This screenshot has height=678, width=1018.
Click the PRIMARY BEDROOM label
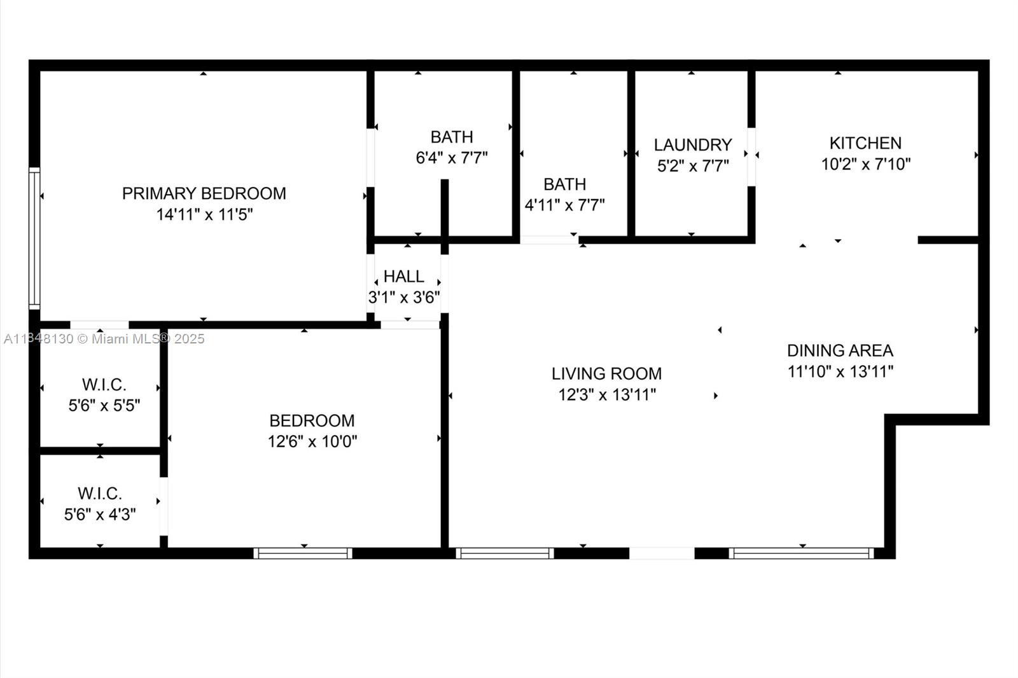(204, 193)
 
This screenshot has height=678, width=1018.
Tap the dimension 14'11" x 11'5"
(204, 214)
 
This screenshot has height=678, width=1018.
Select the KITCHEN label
(865, 143)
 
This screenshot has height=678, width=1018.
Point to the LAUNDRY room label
(693, 145)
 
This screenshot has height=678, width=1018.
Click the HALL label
(403, 276)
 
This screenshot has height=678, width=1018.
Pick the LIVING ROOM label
(607, 373)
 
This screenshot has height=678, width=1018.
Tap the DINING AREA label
(840, 350)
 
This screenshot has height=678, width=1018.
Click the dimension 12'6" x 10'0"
(312, 441)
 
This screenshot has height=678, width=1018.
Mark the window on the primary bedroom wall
(34, 239)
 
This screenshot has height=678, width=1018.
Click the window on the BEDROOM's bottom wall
(303, 553)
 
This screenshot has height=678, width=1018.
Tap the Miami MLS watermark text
(104, 339)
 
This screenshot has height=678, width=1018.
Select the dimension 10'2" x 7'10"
(866, 164)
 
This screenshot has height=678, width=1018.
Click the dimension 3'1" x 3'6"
(403, 298)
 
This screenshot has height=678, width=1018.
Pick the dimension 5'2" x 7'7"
(693, 166)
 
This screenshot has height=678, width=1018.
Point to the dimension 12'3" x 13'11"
(607, 394)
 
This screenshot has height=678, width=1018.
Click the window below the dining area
(801, 553)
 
